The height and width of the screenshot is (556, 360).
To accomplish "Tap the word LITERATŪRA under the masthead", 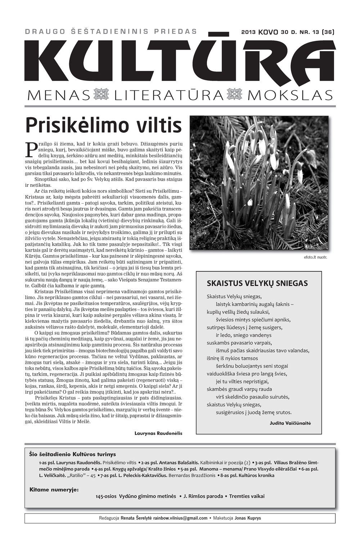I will [168, 95].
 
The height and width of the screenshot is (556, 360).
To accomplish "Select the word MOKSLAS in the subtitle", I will [290, 95].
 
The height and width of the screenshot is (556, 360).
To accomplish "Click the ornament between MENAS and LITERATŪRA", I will [101, 95].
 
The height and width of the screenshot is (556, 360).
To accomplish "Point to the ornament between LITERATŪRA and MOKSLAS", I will [236, 95].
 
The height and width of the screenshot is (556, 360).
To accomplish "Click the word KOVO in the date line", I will [269, 32].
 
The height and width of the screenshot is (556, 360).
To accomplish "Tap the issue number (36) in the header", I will [328, 32].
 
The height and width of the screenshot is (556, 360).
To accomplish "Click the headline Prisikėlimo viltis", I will [104, 125].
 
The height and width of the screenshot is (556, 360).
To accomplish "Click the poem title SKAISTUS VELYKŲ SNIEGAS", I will [257, 283].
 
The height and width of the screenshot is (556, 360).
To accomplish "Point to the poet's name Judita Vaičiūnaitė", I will [290, 423].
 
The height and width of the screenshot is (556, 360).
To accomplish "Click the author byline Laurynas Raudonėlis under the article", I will [158, 433].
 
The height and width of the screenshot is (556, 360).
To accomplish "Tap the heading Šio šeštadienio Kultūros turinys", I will [72, 454].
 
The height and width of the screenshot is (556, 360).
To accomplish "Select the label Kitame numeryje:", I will [54, 489].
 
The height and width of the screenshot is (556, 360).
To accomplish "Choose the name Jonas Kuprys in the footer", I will [248, 518].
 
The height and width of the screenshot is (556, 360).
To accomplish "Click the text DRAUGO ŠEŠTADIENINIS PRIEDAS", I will [111, 31].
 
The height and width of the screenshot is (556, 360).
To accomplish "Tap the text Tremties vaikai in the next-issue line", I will [247, 496].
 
